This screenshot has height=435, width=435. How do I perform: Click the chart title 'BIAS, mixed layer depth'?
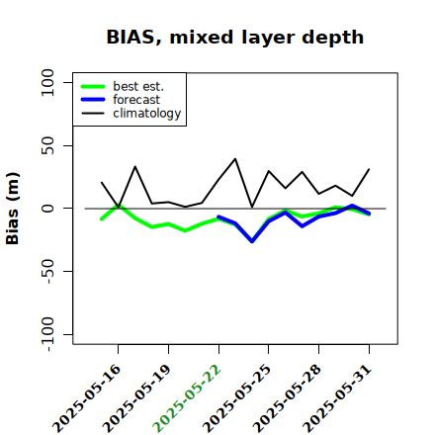click(x=235, y=38)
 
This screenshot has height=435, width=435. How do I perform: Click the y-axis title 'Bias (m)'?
click(x=13, y=209)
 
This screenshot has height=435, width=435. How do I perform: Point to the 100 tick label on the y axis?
click(x=47, y=82)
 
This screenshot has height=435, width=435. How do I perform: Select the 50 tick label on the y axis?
click(x=47, y=145)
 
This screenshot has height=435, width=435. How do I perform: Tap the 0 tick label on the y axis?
click(x=47, y=209)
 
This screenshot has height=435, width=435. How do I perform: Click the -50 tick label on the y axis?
click(x=47, y=272)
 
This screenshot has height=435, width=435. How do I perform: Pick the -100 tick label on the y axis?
click(x=47, y=334)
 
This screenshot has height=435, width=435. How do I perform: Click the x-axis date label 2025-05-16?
click(x=86, y=398)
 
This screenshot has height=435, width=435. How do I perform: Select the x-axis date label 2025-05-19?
click(x=136, y=398)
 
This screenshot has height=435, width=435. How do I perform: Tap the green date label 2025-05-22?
click(x=187, y=398)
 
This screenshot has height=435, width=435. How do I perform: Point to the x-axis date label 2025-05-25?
click(x=236, y=398)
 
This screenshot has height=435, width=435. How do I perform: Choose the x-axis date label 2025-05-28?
click(x=287, y=398)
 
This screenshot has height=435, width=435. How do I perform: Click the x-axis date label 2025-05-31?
click(x=337, y=398)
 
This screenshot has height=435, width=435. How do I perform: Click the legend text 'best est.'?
click(x=138, y=86)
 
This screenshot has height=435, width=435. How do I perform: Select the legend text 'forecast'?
click(x=136, y=100)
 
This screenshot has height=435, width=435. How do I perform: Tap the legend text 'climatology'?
click(x=147, y=114)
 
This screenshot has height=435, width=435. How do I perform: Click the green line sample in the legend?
click(x=93, y=86)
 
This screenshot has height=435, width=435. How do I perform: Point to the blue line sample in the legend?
click(x=93, y=100)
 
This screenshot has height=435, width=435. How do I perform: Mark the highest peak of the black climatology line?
click(x=235, y=159)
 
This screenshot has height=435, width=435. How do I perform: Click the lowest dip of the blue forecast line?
click(x=252, y=241)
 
